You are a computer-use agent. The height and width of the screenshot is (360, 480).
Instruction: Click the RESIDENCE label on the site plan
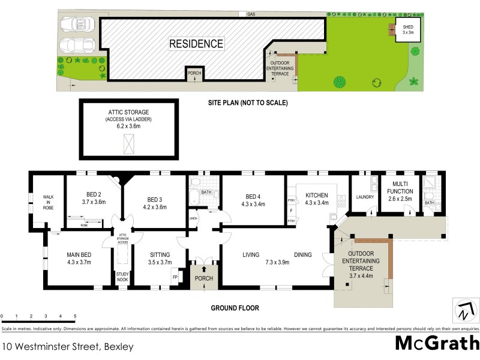(x=196, y=44)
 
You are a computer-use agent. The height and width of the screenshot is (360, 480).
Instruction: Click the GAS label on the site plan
(x=251, y=13)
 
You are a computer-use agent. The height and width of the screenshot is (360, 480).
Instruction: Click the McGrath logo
(x=437, y=344)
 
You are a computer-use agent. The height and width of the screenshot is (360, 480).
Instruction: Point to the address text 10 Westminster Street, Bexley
(x=67, y=346)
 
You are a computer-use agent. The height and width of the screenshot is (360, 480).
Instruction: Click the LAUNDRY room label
(x=365, y=197)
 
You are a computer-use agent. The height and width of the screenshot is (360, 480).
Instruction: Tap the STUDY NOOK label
(x=123, y=277)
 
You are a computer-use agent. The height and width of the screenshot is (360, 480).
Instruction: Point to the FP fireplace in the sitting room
(x=175, y=277)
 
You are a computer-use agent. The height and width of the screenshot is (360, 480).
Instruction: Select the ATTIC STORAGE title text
(x=128, y=112)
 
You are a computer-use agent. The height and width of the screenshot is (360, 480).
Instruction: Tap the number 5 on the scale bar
(x=75, y=316)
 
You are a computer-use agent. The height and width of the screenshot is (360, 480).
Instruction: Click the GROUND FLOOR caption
(x=235, y=308)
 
